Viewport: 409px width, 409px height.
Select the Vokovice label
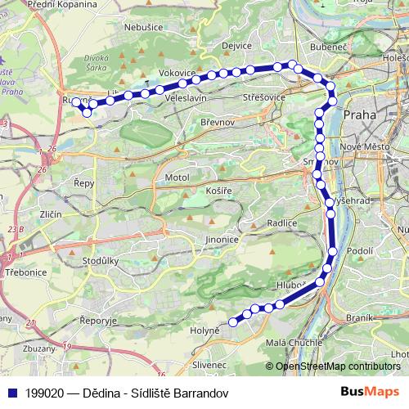(x=178, y=73)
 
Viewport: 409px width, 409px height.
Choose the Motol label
(x=177, y=177)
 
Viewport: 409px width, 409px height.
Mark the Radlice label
(x=281, y=222)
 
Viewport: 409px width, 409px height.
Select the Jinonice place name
(x=222, y=240)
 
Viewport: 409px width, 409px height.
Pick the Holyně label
(x=205, y=330)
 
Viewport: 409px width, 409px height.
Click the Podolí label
(x=360, y=251)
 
